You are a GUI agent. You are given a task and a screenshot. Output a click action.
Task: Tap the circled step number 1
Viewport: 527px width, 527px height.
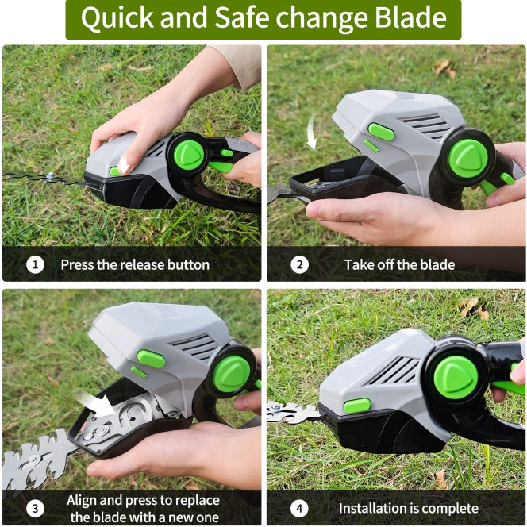35,265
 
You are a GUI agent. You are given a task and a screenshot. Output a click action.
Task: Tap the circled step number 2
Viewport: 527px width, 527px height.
299,265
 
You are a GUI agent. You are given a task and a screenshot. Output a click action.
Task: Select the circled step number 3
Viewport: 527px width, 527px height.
35,508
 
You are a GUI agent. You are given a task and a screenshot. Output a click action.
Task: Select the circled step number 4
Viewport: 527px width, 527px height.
299,508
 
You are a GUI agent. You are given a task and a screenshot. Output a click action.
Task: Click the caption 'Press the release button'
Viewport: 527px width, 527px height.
135,265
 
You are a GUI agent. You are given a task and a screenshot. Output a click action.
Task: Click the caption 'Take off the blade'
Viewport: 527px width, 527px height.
399,265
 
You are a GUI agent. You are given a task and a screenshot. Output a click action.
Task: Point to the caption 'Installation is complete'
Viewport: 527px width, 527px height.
408,508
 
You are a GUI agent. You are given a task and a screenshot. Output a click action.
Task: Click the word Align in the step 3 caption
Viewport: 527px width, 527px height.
83,500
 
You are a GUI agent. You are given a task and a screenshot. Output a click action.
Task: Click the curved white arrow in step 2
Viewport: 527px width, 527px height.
312,132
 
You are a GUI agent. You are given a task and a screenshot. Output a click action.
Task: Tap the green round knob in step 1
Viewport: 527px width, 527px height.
188,154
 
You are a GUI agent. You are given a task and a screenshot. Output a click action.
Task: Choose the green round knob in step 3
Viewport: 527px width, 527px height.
232,373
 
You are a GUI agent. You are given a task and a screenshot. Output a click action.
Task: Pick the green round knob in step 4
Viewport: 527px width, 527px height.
456,377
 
